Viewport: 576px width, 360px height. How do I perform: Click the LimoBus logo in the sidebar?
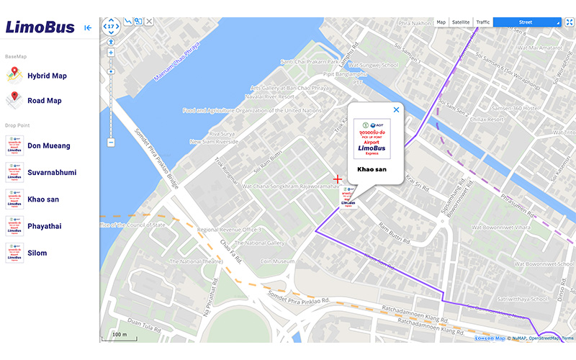[40, 27]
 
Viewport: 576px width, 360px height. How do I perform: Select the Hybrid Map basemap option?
[47, 76]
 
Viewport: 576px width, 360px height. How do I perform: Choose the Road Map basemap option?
[44, 101]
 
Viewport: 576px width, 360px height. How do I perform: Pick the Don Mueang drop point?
[48, 145]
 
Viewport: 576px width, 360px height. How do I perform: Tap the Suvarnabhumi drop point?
[51, 173]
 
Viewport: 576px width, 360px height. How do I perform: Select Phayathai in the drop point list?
[44, 226]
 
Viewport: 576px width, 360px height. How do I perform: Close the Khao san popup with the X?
[396, 110]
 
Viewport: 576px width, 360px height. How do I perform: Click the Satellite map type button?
[461, 22]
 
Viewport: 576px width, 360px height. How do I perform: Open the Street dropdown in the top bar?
[526, 22]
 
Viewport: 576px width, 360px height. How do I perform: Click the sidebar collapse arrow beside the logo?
[88, 28]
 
